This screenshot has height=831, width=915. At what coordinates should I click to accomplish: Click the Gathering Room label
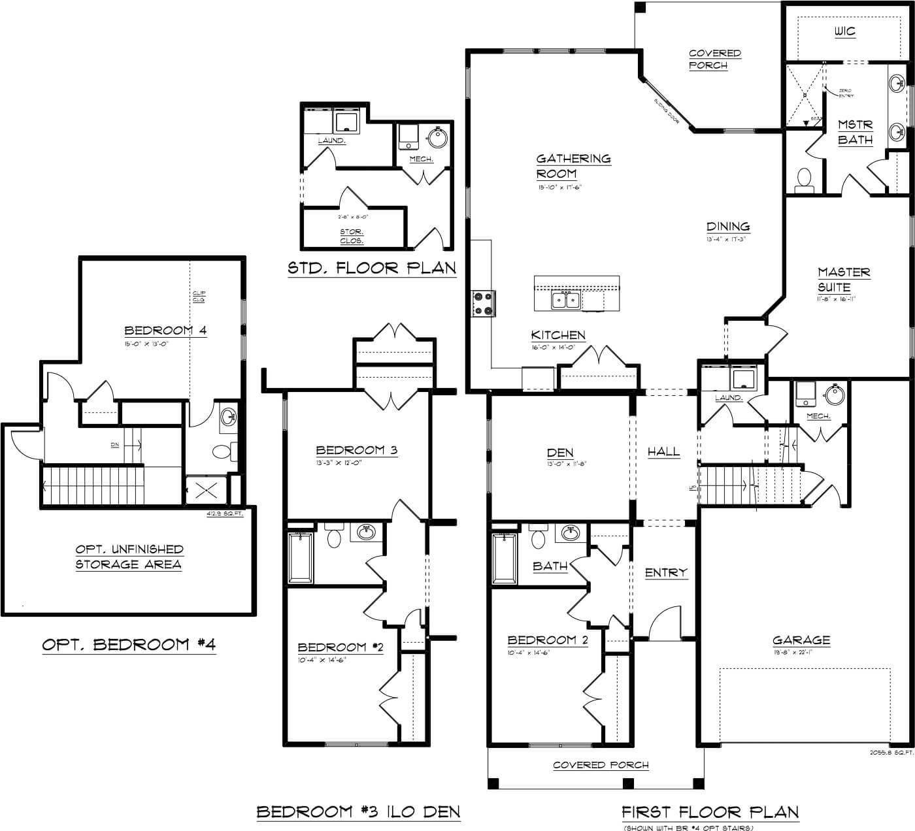[573, 166]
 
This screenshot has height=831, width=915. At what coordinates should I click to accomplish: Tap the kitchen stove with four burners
[483, 304]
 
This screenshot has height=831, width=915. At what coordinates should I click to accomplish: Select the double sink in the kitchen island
[566, 300]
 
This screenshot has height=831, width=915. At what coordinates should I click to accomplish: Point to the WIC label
[844, 31]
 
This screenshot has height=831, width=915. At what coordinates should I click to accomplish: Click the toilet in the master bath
[805, 178]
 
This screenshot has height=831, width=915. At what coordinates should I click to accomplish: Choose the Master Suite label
[843, 279]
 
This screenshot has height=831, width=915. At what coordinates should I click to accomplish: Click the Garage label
[801, 640]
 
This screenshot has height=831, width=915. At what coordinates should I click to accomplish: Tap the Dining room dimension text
[725, 240]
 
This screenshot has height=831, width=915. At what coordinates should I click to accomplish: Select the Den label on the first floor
[560, 452]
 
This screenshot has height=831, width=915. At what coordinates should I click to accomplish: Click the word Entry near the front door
[666, 572]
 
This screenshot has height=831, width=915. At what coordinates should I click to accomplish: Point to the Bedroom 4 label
[165, 330]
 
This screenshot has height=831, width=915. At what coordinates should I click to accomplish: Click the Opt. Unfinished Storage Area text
[129, 557]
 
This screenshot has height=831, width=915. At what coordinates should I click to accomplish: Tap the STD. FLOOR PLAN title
[372, 268]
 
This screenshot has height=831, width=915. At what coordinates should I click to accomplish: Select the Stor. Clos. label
[352, 236]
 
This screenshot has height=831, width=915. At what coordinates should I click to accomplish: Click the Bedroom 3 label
[356, 449]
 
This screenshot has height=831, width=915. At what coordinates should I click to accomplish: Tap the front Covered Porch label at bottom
[601, 764]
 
